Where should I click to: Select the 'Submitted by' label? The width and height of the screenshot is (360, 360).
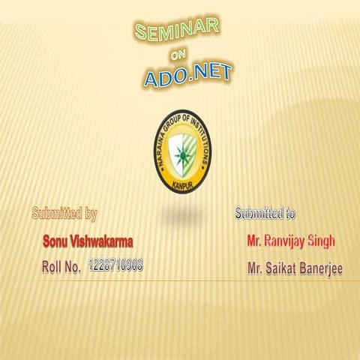coord(64,214)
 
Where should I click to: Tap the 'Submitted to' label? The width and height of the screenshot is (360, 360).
coord(265,214)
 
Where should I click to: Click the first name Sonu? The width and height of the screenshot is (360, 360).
coord(57,241)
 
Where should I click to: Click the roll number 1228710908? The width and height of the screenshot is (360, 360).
coord(115,265)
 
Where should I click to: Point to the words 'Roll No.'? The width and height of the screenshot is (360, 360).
coord(61,266)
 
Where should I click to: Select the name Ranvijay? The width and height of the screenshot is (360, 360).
coord(289,241)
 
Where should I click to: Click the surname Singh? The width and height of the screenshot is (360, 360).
coord(322,241)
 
